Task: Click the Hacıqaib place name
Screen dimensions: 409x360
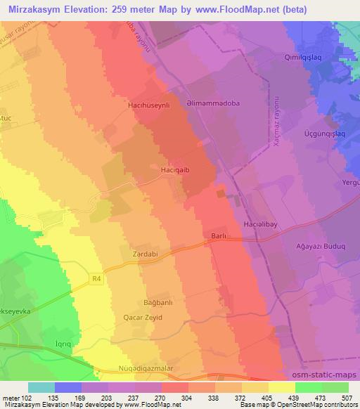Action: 173,169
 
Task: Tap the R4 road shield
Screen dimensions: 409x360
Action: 98,279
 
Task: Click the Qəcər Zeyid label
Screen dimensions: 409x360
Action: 143,318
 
